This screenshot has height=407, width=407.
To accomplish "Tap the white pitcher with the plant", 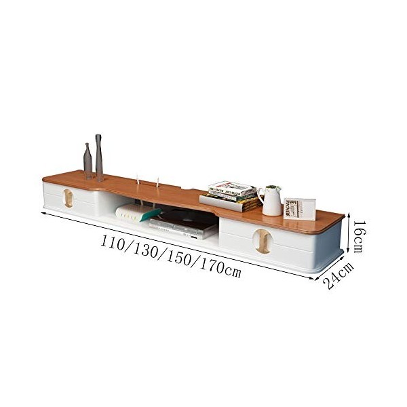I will (273, 201).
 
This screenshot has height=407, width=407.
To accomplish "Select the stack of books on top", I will (233, 195).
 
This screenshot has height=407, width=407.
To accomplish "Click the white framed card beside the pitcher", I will (299, 208).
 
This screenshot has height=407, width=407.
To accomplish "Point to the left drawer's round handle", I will (68, 197).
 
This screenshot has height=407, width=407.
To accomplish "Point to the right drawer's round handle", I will (262, 241).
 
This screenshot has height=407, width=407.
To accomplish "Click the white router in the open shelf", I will (137, 213).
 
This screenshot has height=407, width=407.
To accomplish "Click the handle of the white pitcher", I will (263, 198).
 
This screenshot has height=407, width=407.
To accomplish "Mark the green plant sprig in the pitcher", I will (273, 187).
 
